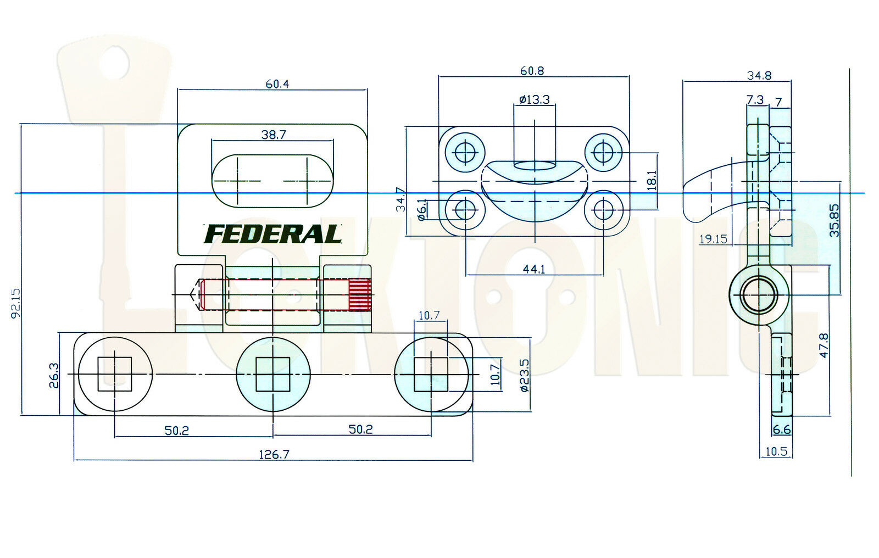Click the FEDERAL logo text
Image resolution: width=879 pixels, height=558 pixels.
click(x=273, y=235)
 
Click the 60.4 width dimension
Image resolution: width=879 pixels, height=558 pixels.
click(x=277, y=84)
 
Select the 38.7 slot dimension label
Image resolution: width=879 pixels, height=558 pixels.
click(x=274, y=135)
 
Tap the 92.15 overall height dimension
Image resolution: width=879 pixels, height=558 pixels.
click(x=15, y=303)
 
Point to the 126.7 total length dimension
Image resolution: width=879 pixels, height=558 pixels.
click(x=274, y=454)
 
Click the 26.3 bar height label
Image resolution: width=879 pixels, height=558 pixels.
click(x=54, y=375)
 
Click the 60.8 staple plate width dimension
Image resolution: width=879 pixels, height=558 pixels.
click(x=532, y=71)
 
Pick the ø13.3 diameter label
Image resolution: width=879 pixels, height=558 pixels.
click(x=534, y=100)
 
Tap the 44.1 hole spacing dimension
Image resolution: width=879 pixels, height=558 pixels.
click(x=534, y=269)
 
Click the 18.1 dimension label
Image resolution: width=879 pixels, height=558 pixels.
click(x=652, y=180)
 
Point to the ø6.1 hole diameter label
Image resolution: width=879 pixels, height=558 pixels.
click(x=422, y=210)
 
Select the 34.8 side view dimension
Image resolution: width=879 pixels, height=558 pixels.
click(x=759, y=76)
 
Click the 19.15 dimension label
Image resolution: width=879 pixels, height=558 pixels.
click(x=713, y=239)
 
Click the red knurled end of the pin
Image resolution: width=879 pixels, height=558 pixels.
click(x=360, y=295)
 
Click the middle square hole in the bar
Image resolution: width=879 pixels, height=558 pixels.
click(x=273, y=374)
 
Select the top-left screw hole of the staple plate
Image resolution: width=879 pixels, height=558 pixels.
click(x=465, y=150)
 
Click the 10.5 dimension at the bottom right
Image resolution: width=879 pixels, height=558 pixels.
click(x=776, y=451)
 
